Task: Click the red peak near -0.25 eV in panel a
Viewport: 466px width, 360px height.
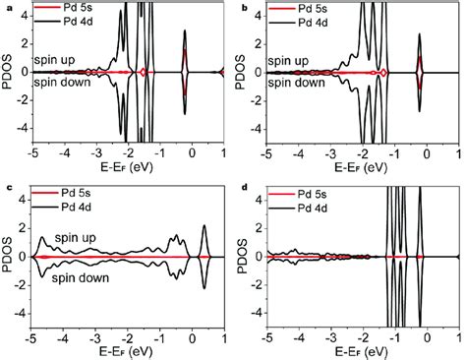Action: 185,61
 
